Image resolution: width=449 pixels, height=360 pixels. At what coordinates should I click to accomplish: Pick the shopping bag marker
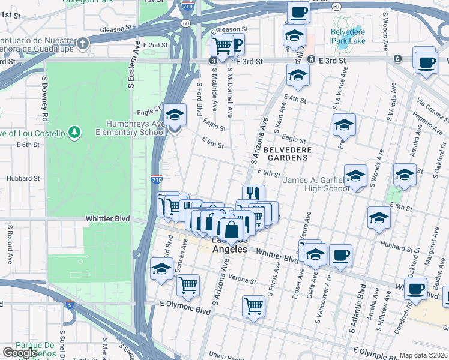click(x=231, y=229)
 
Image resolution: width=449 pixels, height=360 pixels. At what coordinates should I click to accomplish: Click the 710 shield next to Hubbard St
click(x=156, y=179)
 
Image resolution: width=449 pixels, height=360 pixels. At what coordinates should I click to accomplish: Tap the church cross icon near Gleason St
click(x=83, y=43)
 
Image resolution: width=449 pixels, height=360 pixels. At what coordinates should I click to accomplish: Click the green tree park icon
click(x=74, y=131)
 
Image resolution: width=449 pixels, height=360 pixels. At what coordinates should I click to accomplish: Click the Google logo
click(x=20, y=353)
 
